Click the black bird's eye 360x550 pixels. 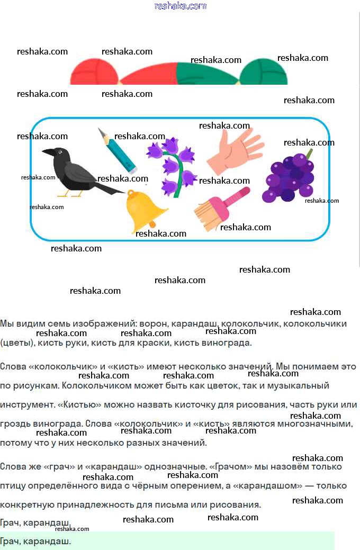(x=60, y=152)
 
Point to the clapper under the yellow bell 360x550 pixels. (x=152, y=224)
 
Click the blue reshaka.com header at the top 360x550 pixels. (x=181, y=6)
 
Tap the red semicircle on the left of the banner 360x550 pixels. (x=94, y=73)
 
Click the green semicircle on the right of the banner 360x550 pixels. (x=264, y=73)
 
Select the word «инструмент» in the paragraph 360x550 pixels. (x=27, y=405)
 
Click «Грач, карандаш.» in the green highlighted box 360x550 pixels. (x=35, y=542)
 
